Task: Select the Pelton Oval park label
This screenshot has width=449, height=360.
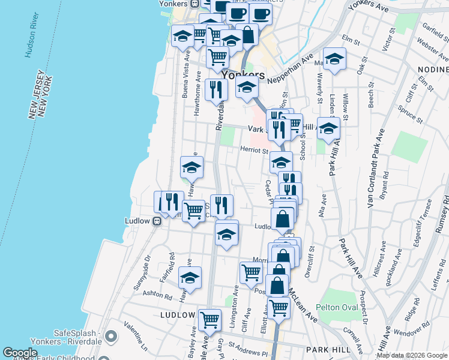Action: click(337, 308)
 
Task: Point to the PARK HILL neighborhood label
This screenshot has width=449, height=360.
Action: click(327, 349)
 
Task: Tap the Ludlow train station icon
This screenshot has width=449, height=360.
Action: click(157, 221)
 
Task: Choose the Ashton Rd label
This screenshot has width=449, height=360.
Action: click(157, 293)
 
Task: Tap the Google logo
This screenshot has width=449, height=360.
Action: click(20, 353)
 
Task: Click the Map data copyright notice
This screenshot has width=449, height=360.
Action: click(412, 355)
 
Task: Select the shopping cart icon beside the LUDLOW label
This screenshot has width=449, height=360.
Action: click(209, 319)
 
